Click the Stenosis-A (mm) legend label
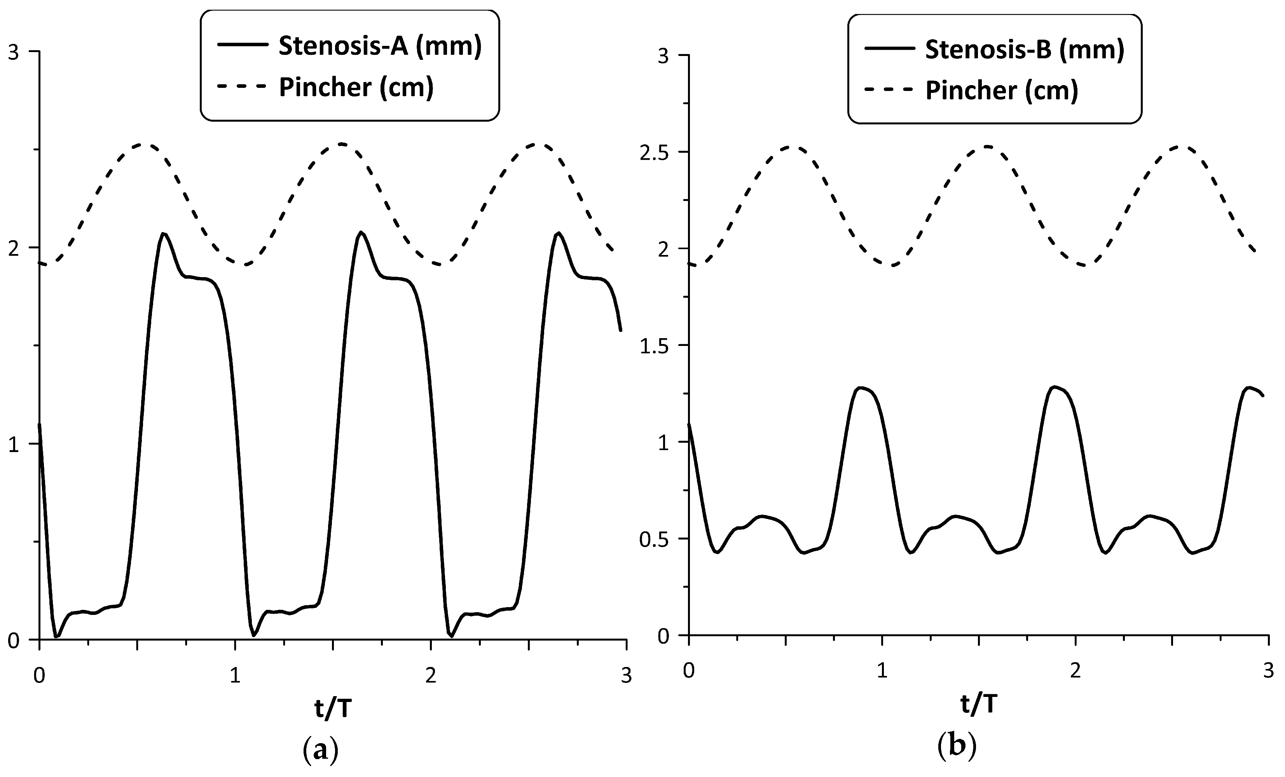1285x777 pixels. (380, 46)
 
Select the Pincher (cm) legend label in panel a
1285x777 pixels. (356, 87)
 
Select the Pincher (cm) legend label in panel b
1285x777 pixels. (1001, 90)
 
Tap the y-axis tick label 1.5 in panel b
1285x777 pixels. (655, 346)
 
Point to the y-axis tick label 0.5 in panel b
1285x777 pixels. (655, 539)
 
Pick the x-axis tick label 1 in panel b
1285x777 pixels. (882, 671)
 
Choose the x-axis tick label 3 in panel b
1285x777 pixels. (1268, 671)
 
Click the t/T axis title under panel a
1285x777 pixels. (333, 709)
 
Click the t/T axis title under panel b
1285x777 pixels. (979, 705)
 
